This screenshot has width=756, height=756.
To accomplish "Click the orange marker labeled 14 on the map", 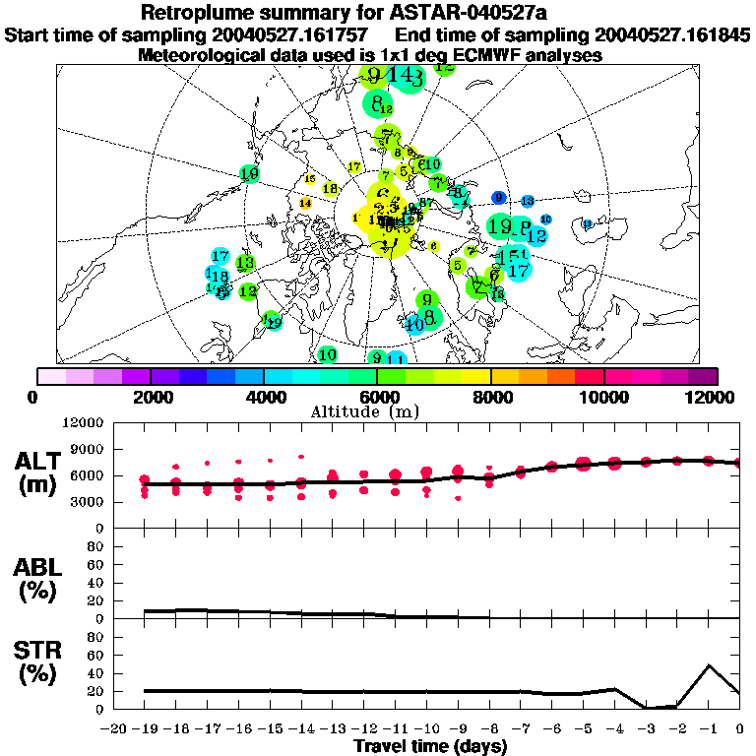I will point(305,204).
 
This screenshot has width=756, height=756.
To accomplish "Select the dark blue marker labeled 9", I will point(499,198).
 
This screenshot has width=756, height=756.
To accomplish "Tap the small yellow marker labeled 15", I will point(310,179).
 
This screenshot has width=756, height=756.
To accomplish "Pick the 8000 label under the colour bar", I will point(491,397).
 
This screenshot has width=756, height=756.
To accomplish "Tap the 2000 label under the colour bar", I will point(149,397).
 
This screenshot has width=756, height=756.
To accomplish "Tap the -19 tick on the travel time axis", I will point(146,730).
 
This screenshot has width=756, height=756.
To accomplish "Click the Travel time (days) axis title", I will point(430,747).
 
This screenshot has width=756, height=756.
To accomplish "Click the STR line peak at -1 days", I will point(709,665).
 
